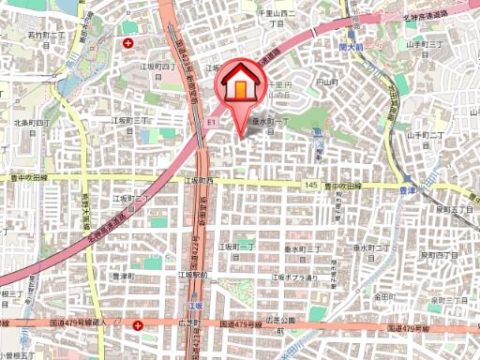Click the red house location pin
240,87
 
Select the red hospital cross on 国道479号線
139,325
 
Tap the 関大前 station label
352,44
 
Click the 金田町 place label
390,295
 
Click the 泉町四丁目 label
438,254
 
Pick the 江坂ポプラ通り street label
294,277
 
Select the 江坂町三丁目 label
133,121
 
